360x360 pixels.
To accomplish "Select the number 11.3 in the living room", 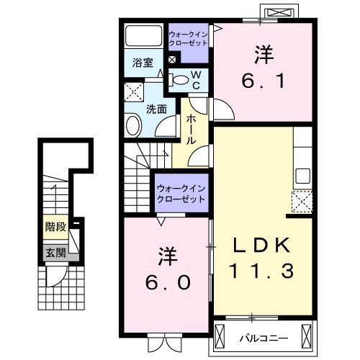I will click(262, 272).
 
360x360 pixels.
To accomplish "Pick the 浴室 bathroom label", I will click(142, 63).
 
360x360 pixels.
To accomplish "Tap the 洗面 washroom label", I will click(156, 109).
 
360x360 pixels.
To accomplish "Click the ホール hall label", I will click(192, 130).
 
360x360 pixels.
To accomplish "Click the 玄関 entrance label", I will click(55, 252).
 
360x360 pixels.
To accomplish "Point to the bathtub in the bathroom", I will click(143, 36).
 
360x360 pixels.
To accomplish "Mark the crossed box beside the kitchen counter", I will click(302, 200).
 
